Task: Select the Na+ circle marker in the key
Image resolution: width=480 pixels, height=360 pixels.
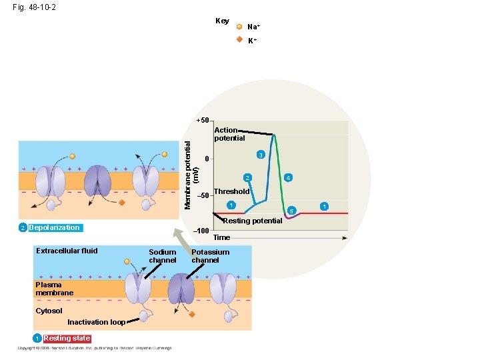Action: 239,27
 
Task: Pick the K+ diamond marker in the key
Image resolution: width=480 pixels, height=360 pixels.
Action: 239,40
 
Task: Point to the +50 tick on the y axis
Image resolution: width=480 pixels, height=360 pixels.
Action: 203,121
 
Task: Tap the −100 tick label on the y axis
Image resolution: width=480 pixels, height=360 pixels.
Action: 202,230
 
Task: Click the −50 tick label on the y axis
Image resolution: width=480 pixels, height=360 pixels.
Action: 203,195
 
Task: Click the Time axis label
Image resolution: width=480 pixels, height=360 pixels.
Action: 221,237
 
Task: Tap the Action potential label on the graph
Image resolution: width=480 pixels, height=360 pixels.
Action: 229,134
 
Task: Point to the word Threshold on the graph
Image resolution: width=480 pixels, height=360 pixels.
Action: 231,191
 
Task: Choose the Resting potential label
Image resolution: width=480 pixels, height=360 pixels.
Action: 252,221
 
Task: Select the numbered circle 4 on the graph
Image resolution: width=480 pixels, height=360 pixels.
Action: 287,178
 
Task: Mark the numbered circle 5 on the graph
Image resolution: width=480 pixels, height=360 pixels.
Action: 291,211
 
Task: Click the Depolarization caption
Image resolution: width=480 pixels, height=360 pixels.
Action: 54,228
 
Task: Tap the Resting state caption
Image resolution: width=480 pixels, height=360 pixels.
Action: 67,338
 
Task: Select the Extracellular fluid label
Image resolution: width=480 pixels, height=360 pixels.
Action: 67,251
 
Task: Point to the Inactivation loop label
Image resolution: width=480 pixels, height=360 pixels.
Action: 96,322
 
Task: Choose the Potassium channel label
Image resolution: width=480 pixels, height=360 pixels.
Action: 210,256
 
